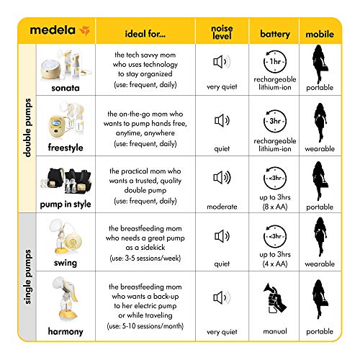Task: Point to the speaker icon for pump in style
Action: tap(222, 176)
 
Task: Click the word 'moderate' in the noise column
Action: tap(222, 207)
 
